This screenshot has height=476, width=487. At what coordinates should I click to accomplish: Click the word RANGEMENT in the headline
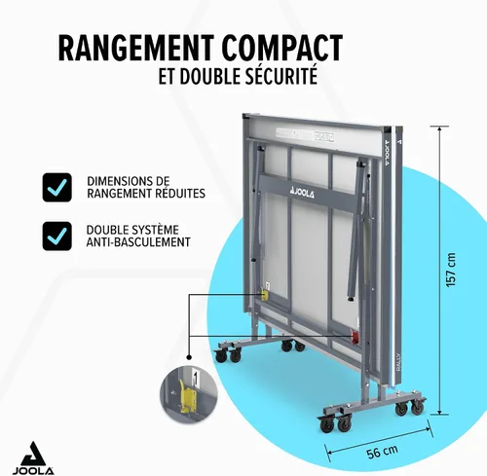(x=136, y=48)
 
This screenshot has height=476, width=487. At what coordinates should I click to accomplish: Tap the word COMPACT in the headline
(x=282, y=48)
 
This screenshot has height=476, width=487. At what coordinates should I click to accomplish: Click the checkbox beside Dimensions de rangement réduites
(x=57, y=187)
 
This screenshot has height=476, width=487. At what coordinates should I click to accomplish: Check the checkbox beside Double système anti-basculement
(x=57, y=236)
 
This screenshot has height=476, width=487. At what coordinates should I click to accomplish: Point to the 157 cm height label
(x=451, y=270)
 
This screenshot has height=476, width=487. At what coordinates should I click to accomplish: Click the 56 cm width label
(x=382, y=452)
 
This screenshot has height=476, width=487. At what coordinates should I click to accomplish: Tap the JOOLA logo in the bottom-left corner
(x=33, y=458)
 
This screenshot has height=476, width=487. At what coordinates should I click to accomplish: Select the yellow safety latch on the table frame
(x=265, y=295)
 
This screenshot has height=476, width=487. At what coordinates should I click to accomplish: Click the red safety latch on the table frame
(x=356, y=337)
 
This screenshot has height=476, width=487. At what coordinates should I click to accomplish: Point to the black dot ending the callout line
(x=189, y=357)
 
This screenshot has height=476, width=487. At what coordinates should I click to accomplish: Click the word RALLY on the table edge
(x=398, y=362)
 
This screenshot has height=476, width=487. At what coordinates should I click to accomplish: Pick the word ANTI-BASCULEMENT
(x=138, y=242)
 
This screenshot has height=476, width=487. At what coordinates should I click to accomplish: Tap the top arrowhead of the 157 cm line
(x=439, y=129)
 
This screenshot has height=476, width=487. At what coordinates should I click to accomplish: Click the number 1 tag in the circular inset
(x=195, y=378)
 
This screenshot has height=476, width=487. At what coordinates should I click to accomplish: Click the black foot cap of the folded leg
(x=352, y=297)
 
